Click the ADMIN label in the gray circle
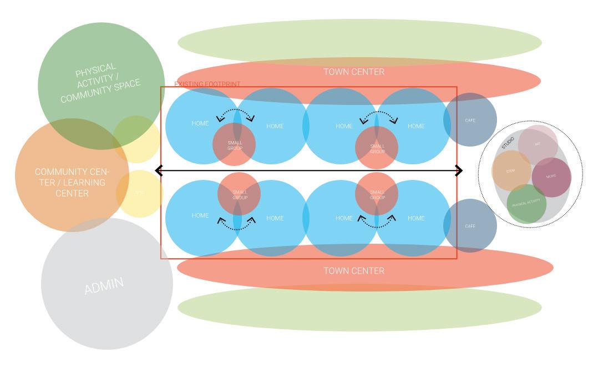pyautogui.click(x=104, y=285)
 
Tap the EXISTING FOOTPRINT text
pyautogui.click(x=207, y=84)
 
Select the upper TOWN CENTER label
pyautogui.click(x=353, y=72)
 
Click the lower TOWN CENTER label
pyautogui.click(x=353, y=271)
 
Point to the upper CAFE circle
pyautogui.click(x=470, y=120)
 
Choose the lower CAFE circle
pyautogui.click(x=470, y=226)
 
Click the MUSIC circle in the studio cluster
pyautogui.click(x=551, y=177)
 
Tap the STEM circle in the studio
pyautogui.click(x=511, y=171)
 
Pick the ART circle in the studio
pyautogui.click(x=538, y=144)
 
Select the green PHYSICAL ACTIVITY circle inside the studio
pyautogui.click(x=526, y=204)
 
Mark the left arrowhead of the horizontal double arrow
pyautogui.click(x=159, y=170)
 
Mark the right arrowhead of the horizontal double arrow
pyautogui.click(x=459, y=170)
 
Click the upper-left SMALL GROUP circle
pyautogui.click(x=234, y=144)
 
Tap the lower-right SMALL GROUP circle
pyautogui.click(x=377, y=194)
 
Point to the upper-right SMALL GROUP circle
pyautogui.click(x=377, y=148)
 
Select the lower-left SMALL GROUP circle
pyautogui.click(x=239, y=194)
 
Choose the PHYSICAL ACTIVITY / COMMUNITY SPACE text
pyautogui.click(x=100, y=84)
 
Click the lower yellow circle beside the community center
pyautogui.click(x=139, y=193)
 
